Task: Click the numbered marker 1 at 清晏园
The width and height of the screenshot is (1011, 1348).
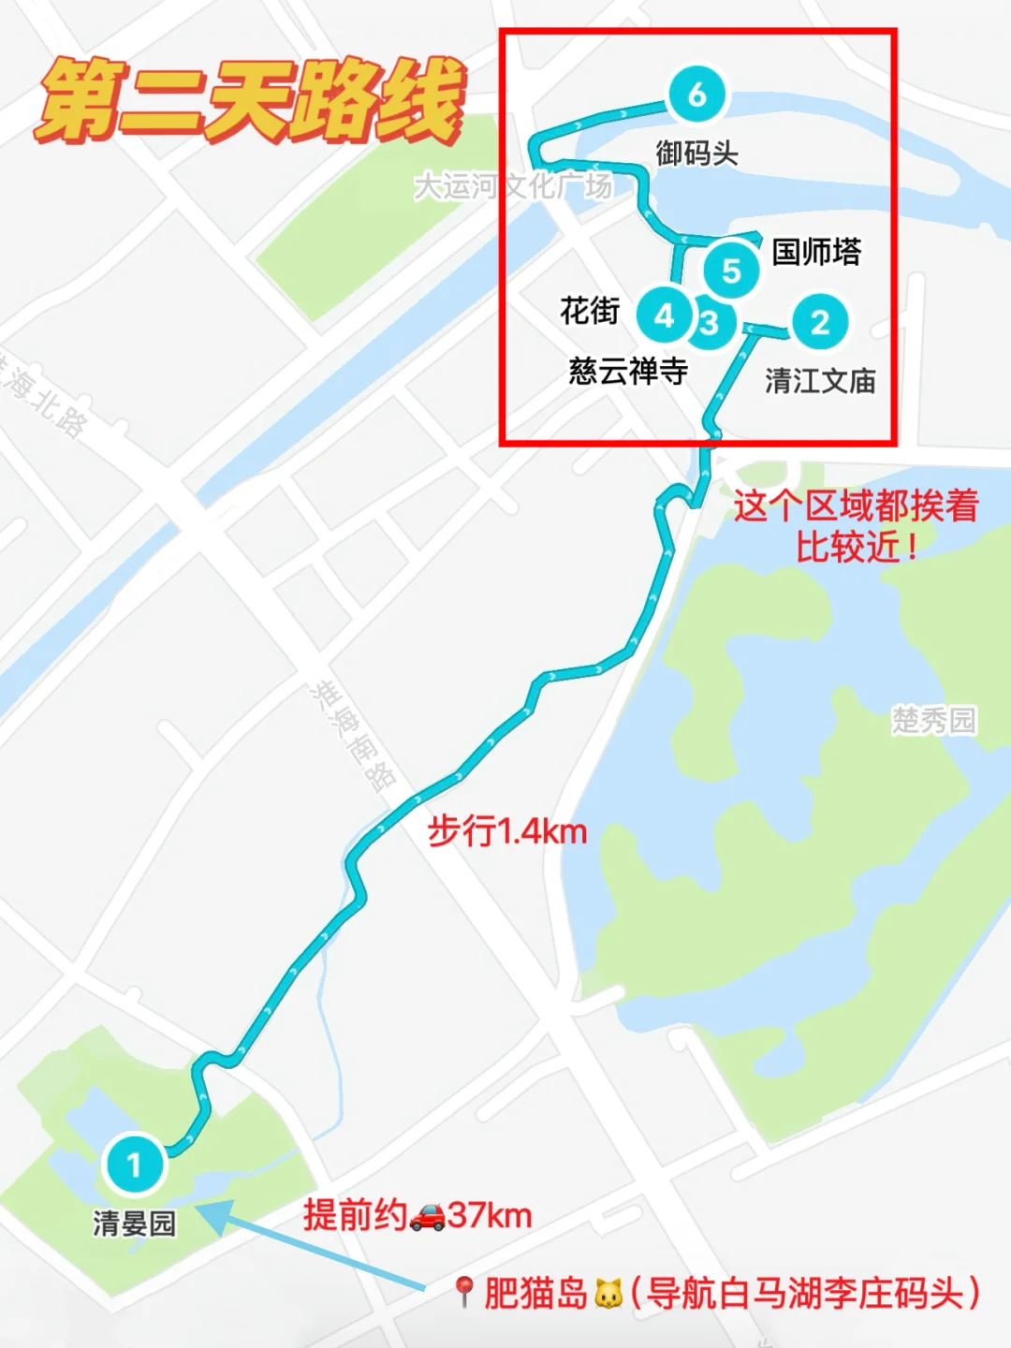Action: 135,1164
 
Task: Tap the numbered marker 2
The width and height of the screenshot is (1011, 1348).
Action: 820,322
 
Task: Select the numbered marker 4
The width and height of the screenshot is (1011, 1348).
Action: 664,315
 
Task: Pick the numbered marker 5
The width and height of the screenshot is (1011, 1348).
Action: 731,270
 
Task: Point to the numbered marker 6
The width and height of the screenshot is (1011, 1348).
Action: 696,95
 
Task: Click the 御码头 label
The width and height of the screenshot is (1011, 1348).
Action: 696,153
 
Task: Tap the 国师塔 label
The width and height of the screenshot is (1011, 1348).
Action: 816,252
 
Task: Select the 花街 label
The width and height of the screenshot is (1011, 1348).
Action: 590,310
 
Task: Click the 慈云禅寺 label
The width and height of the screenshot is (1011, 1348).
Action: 628,372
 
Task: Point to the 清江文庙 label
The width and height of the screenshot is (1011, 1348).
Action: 820,381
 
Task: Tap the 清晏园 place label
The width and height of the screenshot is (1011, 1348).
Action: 135,1223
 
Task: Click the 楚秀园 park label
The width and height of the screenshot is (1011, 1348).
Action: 933,720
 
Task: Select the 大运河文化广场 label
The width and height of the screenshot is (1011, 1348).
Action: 513,186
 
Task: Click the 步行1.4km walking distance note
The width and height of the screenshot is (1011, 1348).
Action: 506,830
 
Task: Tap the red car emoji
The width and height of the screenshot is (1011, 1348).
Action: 428,1216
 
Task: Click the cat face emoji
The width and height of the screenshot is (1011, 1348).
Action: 608,1295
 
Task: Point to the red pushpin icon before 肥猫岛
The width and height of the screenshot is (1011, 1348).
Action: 463,1293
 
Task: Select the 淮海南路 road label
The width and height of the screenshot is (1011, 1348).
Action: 354,736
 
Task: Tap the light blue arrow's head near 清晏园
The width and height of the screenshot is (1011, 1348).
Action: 212,1214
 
